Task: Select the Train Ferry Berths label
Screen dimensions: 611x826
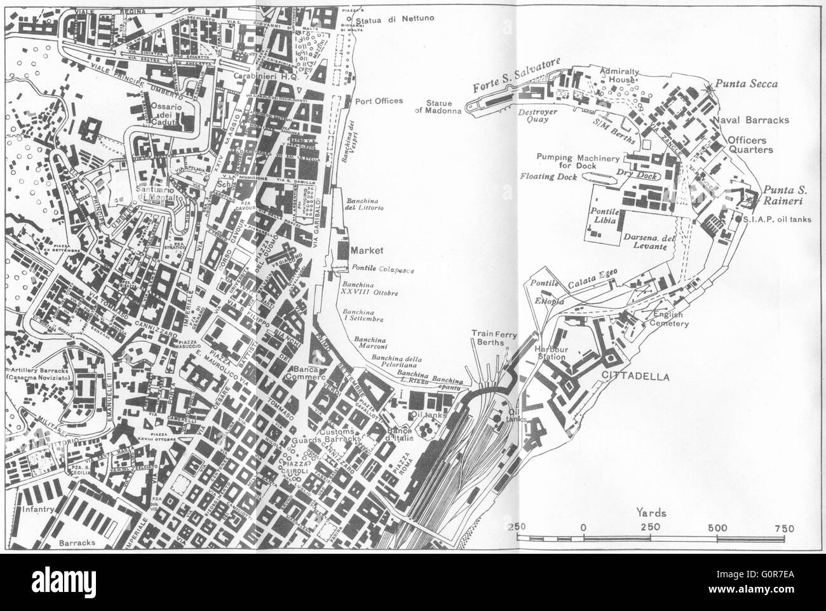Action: (487, 338)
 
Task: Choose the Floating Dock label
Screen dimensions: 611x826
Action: (548, 177)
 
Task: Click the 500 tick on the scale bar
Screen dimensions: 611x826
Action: (717, 527)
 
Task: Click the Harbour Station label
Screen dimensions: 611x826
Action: (550, 353)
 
